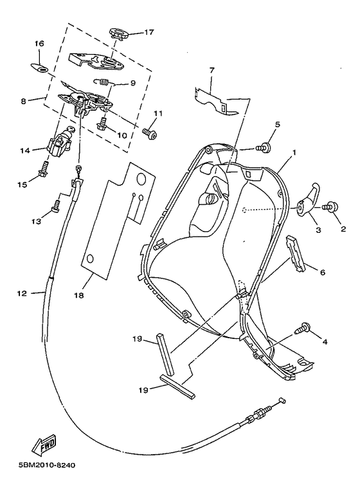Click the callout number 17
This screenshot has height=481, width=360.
point(149,32)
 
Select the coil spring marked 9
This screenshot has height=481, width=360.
point(104,81)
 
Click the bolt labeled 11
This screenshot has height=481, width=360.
point(148,133)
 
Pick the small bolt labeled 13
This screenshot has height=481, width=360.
point(56,206)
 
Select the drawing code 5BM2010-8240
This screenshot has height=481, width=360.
point(43,466)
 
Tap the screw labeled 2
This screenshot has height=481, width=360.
point(332,206)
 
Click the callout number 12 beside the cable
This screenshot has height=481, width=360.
point(22,293)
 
